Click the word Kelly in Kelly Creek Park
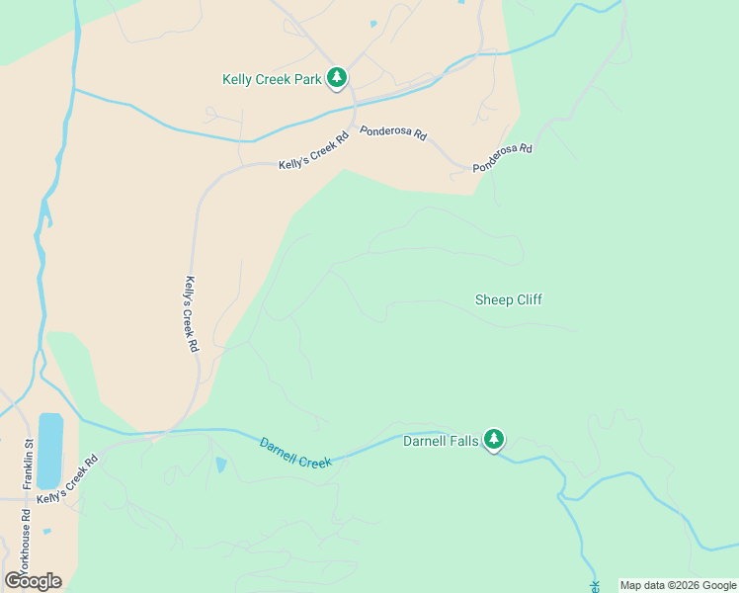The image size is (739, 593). (x=239, y=79)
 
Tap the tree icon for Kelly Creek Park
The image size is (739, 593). (x=337, y=78)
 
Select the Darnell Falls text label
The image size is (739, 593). (x=441, y=441)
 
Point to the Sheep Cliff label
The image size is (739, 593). (x=508, y=299)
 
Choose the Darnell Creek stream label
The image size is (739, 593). (x=295, y=454)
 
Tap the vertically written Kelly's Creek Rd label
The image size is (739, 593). (x=192, y=314)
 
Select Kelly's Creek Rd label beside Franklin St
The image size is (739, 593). (x=67, y=479)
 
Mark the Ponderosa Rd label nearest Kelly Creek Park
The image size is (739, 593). (x=392, y=131)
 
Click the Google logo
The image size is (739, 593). (x=33, y=581)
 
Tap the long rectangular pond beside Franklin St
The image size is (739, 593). (x=50, y=451)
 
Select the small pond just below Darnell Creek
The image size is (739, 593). (x=220, y=465)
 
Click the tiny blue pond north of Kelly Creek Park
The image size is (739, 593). (x=372, y=24)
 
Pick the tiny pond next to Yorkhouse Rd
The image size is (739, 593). (x=46, y=531)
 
